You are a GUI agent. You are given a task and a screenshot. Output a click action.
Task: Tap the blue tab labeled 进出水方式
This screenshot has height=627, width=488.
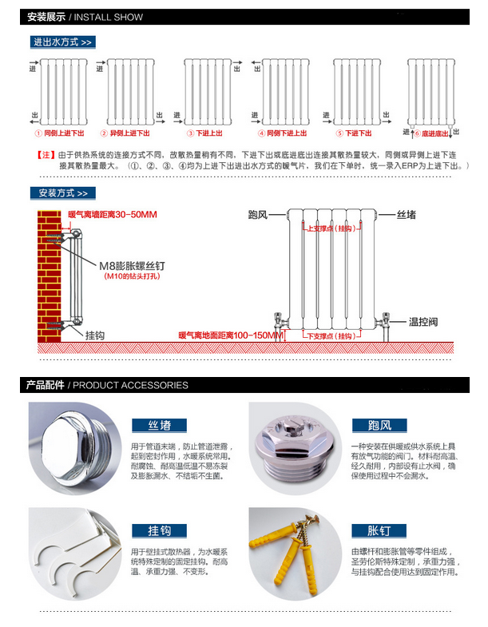pyautogui.click(x=61, y=42)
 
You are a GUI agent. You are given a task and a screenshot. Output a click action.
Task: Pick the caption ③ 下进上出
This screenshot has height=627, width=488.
pyautogui.click(x=205, y=133)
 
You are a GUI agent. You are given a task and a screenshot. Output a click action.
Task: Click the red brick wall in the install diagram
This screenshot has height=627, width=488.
pyautogui.click(x=49, y=276)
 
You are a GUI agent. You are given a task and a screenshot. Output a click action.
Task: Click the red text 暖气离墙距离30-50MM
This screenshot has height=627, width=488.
pyautogui.click(x=113, y=215)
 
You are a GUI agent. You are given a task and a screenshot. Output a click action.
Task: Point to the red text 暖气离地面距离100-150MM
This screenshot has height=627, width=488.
pyautogui.click(x=230, y=335)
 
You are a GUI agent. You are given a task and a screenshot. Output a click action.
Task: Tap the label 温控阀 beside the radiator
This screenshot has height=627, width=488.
pyautogui.click(x=423, y=322)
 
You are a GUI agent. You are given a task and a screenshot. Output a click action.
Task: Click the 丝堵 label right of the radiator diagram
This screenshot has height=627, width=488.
pyautogui.click(x=407, y=215)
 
